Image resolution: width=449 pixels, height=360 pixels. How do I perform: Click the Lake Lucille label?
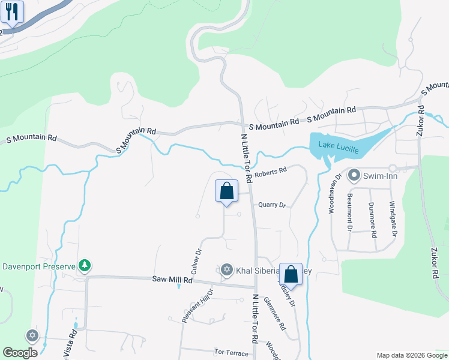(x=334, y=145)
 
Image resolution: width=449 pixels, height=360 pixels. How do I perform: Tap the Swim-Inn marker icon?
(x=354, y=175)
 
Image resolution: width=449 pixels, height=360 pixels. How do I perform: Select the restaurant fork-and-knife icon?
(x=12, y=11)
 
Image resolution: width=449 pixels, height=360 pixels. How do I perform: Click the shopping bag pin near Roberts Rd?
(x=226, y=191)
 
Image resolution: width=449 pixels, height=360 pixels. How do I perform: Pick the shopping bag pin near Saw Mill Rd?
(x=291, y=275)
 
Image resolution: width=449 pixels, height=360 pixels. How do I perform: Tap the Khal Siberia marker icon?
(x=227, y=269)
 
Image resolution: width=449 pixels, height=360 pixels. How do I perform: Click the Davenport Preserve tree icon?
(x=85, y=265)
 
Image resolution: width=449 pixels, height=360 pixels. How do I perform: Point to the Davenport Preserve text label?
(x=38, y=266)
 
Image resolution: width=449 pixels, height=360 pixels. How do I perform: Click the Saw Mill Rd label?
(x=172, y=280)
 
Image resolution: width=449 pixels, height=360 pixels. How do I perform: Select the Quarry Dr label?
(x=271, y=205)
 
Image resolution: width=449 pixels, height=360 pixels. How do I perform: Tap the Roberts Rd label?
(x=270, y=173)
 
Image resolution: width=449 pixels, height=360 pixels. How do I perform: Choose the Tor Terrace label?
(x=231, y=352)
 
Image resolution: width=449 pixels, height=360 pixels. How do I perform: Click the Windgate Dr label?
(x=394, y=216)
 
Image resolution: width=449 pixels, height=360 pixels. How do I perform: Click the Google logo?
(x=20, y=353)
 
